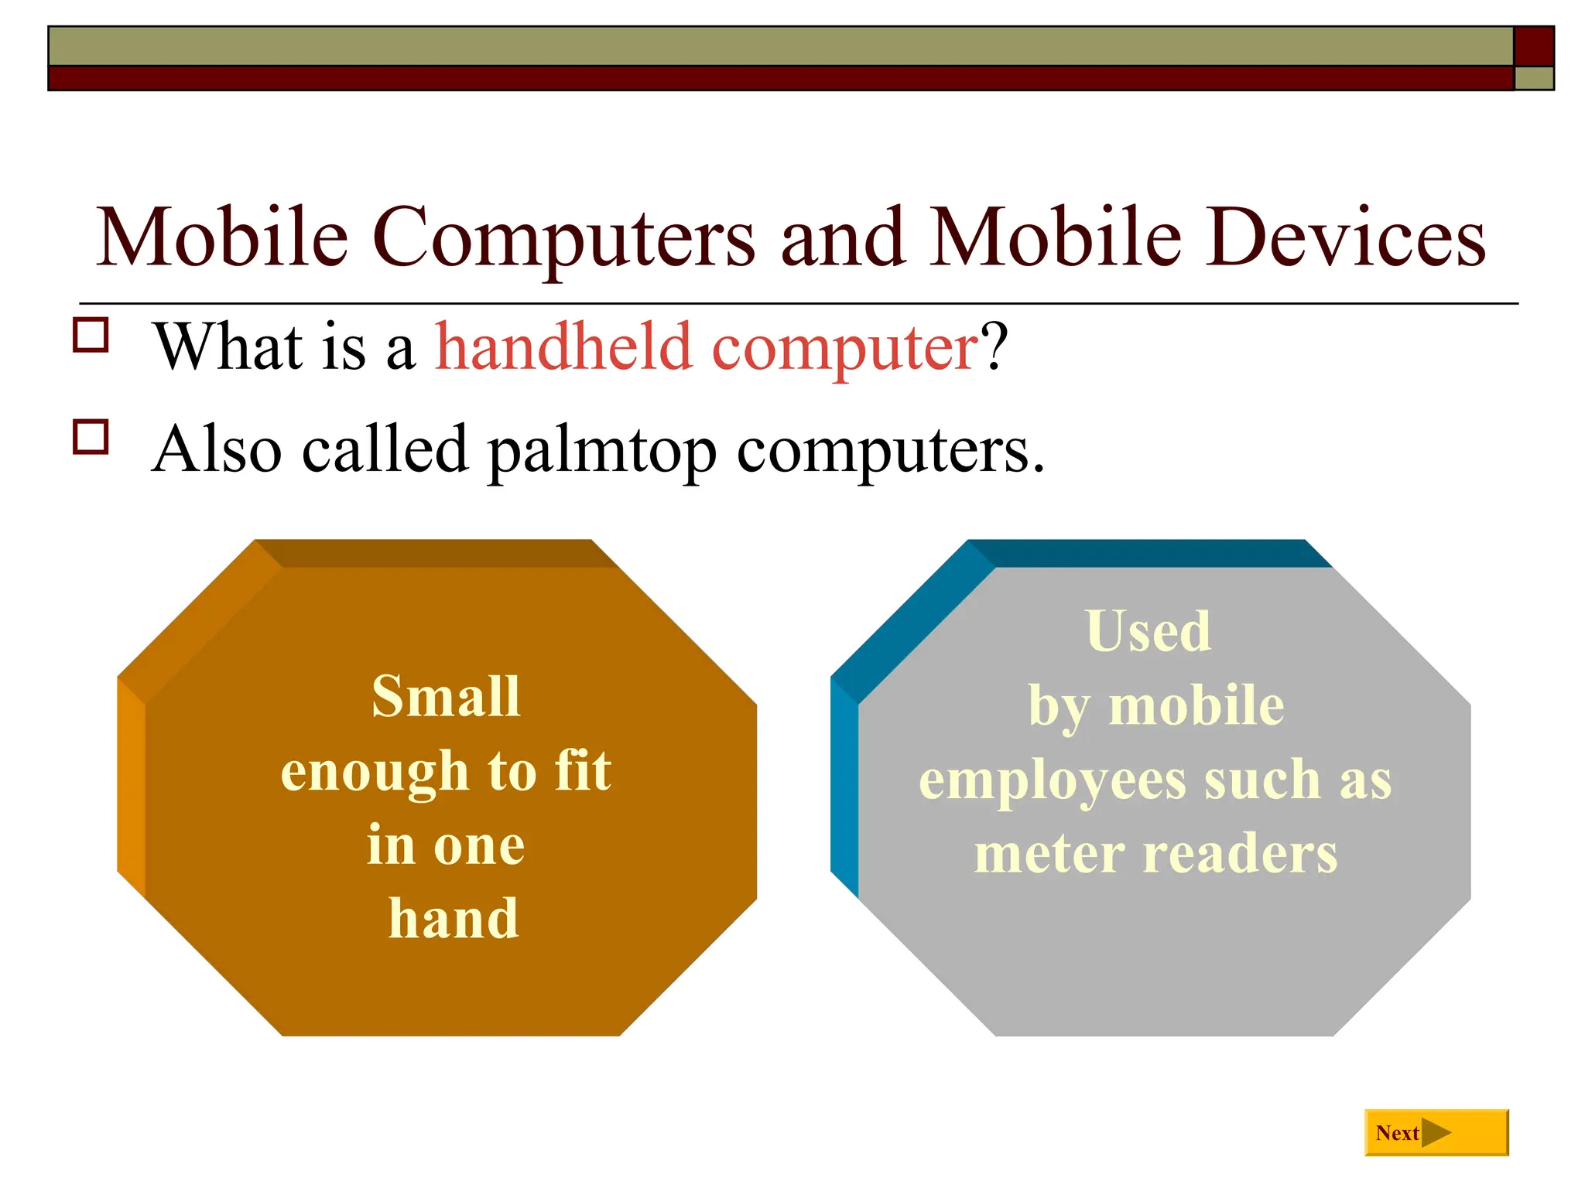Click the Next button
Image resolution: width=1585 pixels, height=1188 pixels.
(1436, 1132)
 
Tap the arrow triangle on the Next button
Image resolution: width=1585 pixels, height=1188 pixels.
(1436, 1133)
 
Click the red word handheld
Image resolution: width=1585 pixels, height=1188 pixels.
(563, 347)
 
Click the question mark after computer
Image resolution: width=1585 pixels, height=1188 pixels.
(994, 347)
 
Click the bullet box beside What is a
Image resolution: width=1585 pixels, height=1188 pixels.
(91, 335)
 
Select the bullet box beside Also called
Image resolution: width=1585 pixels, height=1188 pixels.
(91, 436)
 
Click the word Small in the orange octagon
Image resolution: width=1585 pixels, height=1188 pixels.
(446, 697)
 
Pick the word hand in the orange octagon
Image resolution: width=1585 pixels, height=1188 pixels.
(454, 919)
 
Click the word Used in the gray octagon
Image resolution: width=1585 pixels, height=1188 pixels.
(1148, 631)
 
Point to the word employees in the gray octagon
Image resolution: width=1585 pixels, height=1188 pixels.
(1053, 781)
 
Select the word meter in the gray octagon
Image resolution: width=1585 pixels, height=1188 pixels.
(1049, 855)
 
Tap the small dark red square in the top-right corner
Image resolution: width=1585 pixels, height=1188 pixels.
(1533, 46)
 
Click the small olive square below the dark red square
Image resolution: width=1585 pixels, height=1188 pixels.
(1533, 78)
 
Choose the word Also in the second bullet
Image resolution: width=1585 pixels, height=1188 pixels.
(217, 449)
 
